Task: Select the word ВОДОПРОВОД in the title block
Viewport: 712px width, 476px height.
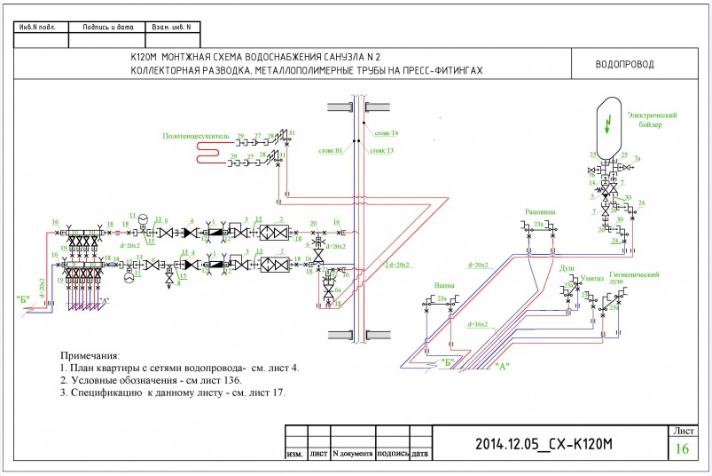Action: pos(624,65)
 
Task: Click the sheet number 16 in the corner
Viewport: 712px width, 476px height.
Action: pos(682,448)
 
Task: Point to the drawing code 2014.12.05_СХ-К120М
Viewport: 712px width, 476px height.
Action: pos(545,443)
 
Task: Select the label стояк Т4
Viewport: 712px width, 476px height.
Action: pos(387,132)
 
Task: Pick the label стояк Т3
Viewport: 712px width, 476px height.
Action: pos(383,150)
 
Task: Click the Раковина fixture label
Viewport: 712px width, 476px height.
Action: pos(540,213)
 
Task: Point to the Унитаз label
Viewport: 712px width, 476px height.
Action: pos(593,278)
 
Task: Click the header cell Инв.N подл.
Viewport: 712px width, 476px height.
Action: pos(37,28)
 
